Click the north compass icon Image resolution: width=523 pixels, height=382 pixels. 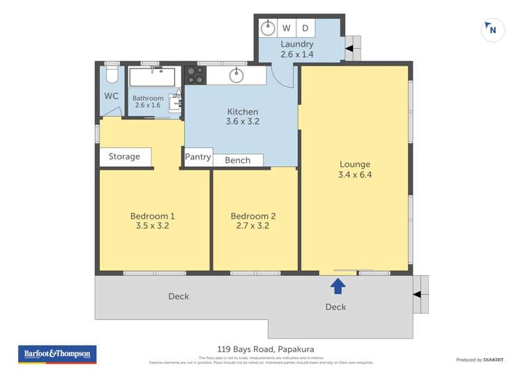pos(492,29)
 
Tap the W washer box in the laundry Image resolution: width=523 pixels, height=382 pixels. pos(287,29)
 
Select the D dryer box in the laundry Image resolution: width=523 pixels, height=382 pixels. pos(305,29)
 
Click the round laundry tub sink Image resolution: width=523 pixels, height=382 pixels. pos(268,29)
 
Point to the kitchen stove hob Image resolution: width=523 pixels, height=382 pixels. pos(194,75)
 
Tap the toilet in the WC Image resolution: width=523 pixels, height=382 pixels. pos(112,73)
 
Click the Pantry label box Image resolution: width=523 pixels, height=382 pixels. pos(198,157)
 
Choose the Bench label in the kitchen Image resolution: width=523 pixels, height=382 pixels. pos(237,161)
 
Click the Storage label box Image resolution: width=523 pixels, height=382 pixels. pos(125,157)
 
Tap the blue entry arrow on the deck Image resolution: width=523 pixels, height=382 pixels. pos(338,285)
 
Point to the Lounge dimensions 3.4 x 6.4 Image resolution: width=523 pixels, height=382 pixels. pos(355,175)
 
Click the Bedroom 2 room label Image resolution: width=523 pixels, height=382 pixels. pos(253,216)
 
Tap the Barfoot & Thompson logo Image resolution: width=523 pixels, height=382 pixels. pos(57,354)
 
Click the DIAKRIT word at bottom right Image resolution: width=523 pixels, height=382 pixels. pos(497,360)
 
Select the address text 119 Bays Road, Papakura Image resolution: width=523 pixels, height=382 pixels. pos(261,349)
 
